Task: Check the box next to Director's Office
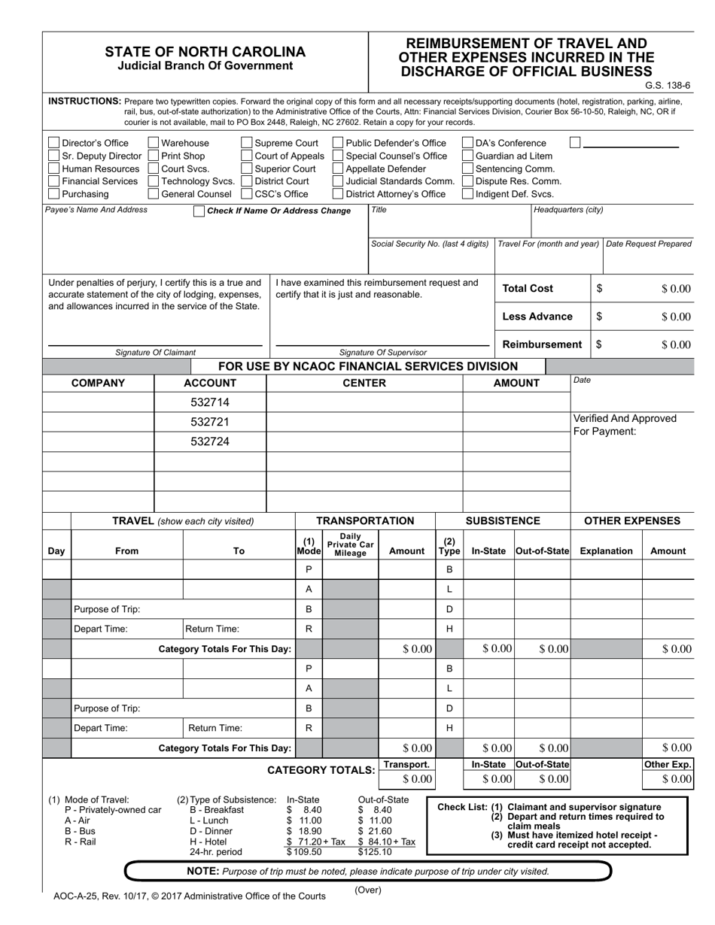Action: pos(53,143)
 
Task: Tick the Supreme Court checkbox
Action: pos(247,143)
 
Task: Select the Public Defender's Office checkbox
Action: pos(337,143)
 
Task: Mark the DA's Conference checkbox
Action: pos(467,143)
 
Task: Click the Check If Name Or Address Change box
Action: pos(199,211)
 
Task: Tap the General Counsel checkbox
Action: pos(154,194)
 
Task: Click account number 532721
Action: pos(210,422)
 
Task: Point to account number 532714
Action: pos(210,402)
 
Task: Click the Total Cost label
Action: pos(528,289)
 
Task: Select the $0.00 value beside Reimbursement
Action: pos(675,345)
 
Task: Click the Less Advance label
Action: pos(537,317)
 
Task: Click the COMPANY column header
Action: pos(98,383)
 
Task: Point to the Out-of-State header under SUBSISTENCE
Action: pos(542,551)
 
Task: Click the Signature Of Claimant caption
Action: pos(155,352)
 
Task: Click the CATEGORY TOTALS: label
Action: pos(321,770)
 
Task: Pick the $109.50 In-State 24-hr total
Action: pos(304,852)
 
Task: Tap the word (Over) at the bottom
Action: pos(368,890)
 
